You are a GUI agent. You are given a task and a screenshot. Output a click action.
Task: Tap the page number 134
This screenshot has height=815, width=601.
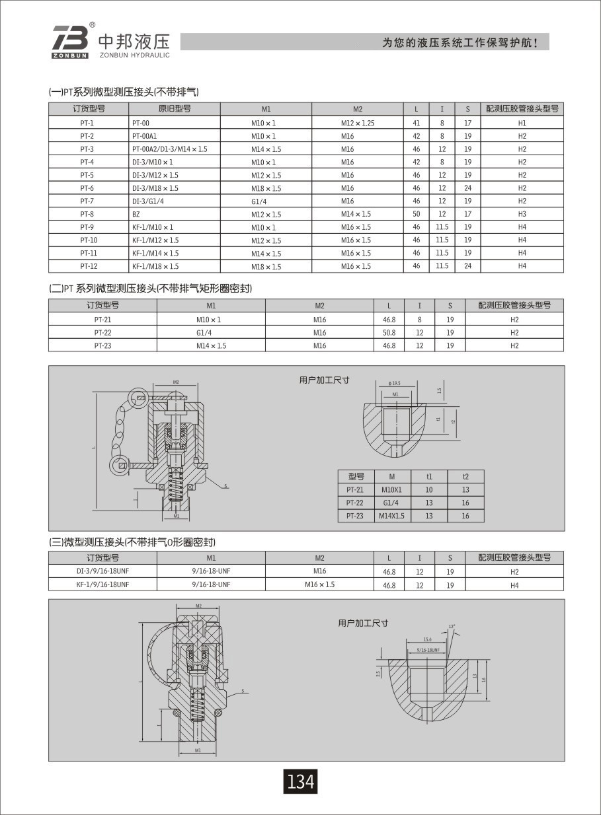click(x=300, y=782)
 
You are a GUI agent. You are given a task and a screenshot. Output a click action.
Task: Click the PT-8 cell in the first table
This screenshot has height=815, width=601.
click(x=87, y=215)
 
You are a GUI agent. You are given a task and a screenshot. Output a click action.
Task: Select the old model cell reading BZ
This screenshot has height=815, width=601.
click(x=136, y=215)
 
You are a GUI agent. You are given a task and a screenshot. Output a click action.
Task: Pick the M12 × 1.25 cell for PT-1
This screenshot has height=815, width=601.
click(x=358, y=124)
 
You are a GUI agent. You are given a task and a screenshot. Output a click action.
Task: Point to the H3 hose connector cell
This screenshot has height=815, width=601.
click(x=522, y=215)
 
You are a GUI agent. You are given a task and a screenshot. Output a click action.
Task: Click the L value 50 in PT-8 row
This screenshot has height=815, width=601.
click(x=417, y=215)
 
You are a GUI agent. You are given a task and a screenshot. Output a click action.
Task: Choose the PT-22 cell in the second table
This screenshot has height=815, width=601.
click(x=102, y=333)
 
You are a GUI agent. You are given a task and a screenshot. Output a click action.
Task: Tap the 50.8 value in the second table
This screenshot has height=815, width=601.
click(x=389, y=333)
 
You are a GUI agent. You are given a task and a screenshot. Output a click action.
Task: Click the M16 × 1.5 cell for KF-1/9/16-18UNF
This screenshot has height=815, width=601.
click(x=319, y=585)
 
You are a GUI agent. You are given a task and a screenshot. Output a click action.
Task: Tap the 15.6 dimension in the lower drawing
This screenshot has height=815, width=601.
click(x=428, y=639)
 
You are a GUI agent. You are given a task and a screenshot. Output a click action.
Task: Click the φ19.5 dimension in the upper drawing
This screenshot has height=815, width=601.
click(x=396, y=383)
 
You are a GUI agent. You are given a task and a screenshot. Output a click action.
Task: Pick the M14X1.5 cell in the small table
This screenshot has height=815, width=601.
click(x=391, y=516)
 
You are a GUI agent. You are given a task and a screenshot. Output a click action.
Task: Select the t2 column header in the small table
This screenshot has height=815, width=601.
click(x=465, y=477)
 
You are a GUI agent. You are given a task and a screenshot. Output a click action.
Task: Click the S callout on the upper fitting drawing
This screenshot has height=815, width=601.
click(x=225, y=486)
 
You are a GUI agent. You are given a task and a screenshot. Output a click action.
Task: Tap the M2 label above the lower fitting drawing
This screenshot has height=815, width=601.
click(x=198, y=606)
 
